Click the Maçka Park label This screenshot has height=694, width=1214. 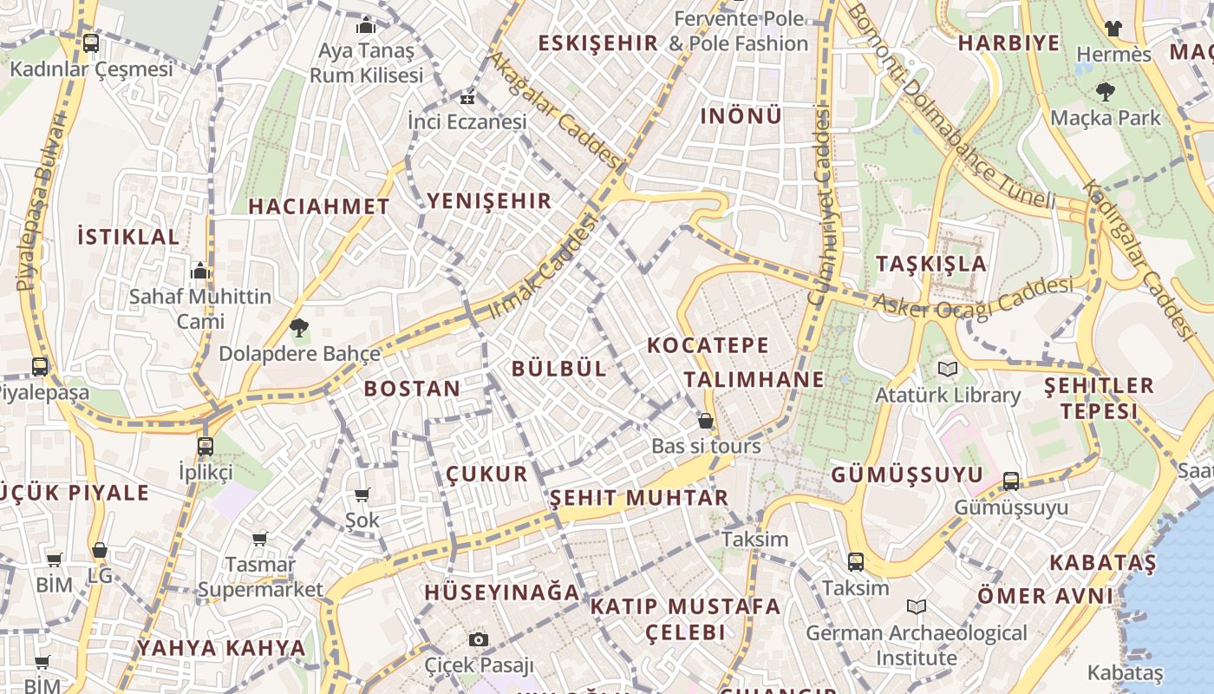pos(1105,117)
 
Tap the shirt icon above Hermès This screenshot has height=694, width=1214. pos(1113,29)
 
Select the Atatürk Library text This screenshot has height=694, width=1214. pos(947,396)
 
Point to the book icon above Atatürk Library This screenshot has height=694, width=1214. pos(948,370)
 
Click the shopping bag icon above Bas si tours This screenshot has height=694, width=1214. pos(706,421)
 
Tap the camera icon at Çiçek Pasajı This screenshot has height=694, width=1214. pos(478,640)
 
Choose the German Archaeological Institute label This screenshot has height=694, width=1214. pos(917,645)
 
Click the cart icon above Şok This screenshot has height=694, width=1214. pos(362,495)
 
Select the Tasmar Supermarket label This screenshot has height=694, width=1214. pos(260,577)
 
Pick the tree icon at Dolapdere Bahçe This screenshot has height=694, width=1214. pos(299,328)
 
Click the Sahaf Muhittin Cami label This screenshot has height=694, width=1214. pos(200,309)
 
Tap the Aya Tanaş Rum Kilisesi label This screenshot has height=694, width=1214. pos(366,62)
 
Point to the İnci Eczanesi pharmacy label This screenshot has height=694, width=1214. pos(467,121)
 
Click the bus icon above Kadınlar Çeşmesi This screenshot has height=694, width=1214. pos(91,43)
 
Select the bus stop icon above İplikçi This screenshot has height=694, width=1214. pos(206,447)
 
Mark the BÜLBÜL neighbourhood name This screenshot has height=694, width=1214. pos(558,368)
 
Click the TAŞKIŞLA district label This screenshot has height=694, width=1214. pos(931,264)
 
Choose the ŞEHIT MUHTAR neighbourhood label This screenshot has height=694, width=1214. pos(639,498)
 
